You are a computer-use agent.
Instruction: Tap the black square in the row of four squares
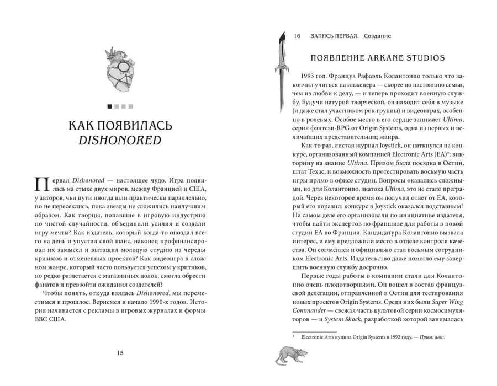110,106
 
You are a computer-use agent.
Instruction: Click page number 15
120,353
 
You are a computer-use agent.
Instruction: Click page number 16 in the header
297,36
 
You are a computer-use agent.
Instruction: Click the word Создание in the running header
377,36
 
